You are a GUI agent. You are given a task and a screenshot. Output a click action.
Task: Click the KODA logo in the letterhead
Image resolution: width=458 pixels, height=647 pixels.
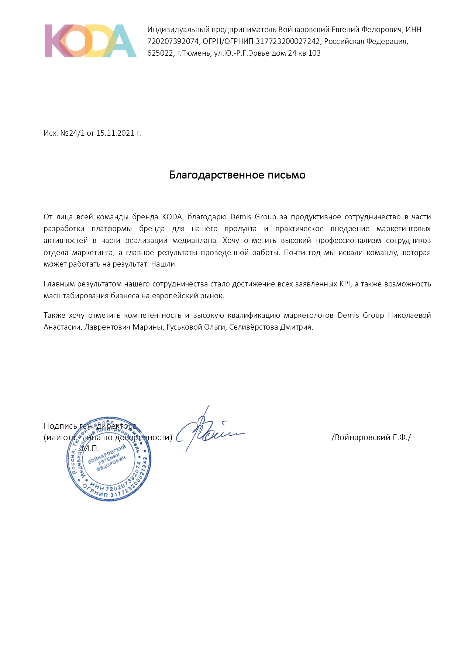(x=90, y=41)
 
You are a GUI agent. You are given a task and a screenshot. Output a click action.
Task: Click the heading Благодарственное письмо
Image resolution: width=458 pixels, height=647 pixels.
(x=237, y=175)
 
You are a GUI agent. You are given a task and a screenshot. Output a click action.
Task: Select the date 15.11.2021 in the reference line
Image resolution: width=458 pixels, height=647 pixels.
(x=115, y=133)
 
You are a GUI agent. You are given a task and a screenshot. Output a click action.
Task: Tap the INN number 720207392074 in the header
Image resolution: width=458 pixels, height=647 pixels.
(x=173, y=41)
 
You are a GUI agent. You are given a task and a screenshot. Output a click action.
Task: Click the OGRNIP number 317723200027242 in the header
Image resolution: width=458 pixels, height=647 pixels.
(x=288, y=41)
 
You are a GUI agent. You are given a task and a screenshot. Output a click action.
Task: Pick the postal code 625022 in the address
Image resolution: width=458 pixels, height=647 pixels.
(x=160, y=53)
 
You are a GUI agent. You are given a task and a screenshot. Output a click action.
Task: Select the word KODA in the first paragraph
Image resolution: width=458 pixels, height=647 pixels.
(x=172, y=217)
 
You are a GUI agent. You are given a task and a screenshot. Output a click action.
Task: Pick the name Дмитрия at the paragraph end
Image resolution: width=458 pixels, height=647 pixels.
(x=296, y=327)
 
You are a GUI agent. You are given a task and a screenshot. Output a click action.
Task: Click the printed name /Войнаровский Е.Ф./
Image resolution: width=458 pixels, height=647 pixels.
(x=371, y=437)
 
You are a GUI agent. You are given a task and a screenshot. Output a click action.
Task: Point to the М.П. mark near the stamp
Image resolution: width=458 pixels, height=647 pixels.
(x=90, y=449)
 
